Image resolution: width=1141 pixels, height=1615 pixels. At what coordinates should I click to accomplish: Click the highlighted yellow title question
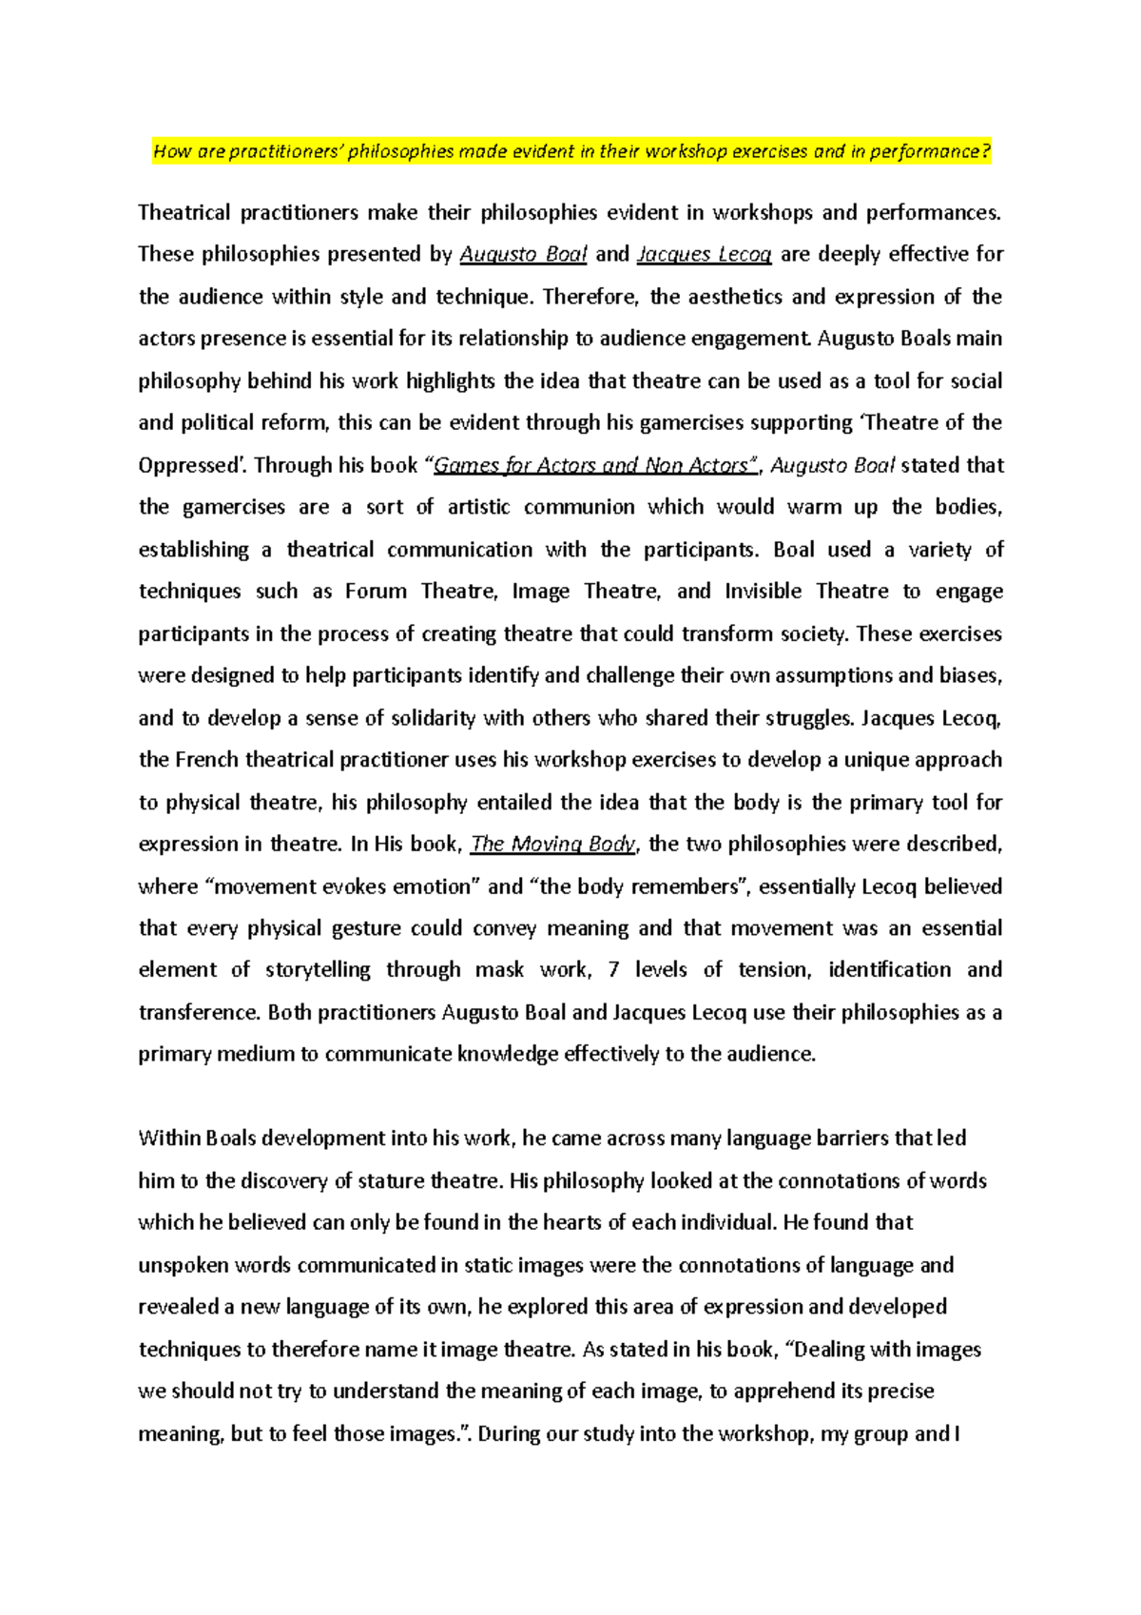click(x=571, y=151)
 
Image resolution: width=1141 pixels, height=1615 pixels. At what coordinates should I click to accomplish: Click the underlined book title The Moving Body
click(x=553, y=844)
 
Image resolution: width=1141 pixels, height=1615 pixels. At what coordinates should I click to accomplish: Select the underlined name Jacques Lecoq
click(x=704, y=254)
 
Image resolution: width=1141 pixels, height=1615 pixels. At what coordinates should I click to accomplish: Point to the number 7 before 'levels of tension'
click(x=613, y=970)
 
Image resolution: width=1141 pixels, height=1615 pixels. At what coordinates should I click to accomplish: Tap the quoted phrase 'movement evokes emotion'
click(x=344, y=886)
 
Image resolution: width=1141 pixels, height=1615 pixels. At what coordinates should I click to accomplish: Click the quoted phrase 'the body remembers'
click(x=641, y=886)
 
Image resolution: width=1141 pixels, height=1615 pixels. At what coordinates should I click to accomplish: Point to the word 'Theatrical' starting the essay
click(x=184, y=212)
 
